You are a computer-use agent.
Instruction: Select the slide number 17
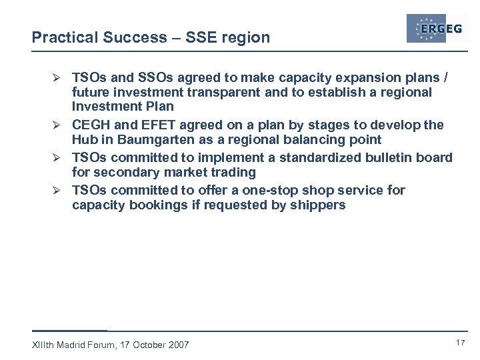(x=459, y=343)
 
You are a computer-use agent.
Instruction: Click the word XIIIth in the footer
(x=44, y=345)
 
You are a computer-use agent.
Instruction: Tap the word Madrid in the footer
(x=75, y=345)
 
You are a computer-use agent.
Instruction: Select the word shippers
(x=318, y=205)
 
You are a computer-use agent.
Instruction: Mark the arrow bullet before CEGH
(x=60, y=125)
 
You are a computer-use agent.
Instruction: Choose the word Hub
(x=85, y=140)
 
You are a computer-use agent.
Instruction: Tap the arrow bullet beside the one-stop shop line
(x=60, y=191)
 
